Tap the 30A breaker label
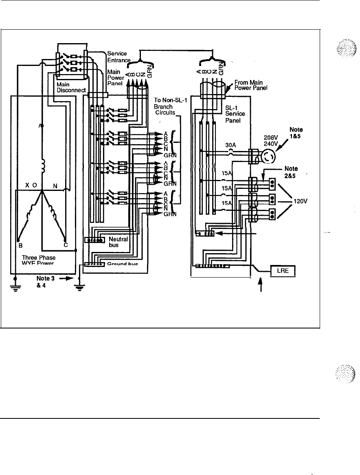click(230, 145)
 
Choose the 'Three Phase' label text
click(39, 257)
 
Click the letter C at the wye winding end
click(66, 245)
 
